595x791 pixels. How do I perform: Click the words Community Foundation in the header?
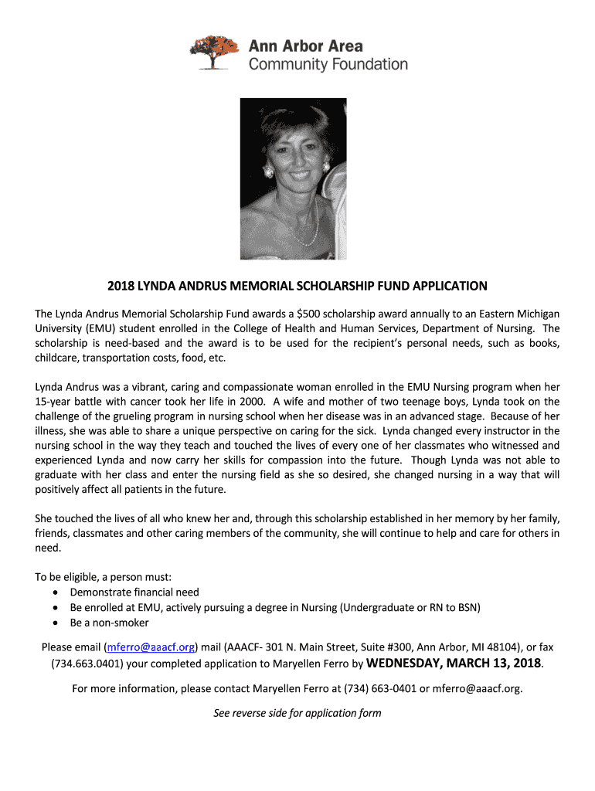[328, 65]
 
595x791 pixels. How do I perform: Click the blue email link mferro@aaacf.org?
[151, 647]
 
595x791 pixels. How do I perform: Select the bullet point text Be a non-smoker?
[109, 623]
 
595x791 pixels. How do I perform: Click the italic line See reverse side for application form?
[297, 713]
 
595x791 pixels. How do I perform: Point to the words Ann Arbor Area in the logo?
[305, 46]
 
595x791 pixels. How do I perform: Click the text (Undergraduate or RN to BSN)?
[410, 607]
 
